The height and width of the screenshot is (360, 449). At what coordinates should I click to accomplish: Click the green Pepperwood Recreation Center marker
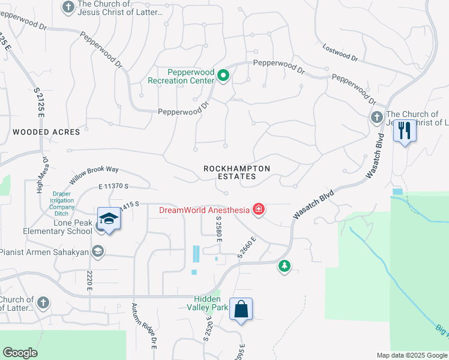223,76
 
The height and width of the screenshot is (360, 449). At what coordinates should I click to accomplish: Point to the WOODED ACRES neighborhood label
46,131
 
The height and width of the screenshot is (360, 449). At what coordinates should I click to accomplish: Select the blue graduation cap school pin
109,219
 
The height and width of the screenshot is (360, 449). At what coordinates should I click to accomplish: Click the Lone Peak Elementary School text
47,226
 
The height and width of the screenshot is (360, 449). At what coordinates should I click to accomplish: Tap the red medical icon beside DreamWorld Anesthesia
259,209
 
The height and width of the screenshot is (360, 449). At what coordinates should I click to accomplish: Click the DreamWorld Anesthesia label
204,210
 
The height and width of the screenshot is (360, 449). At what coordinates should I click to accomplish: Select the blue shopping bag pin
241,310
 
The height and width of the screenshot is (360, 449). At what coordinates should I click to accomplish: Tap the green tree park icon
284,265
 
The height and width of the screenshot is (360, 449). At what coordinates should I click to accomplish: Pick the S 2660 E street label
247,247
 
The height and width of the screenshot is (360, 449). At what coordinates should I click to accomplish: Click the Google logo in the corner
20,353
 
